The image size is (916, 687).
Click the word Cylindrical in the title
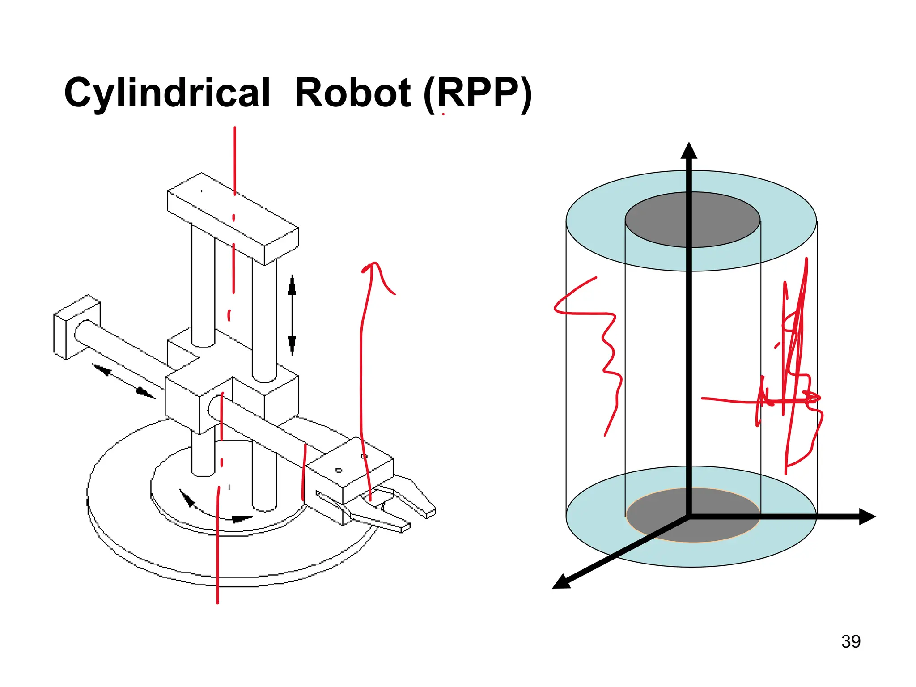[x=167, y=93]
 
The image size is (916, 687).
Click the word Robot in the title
[x=352, y=93]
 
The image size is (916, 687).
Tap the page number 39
[x=850, y=641]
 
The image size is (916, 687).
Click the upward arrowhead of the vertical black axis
[x=689, y=151]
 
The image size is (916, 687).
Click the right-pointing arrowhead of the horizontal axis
[x=866, y=517]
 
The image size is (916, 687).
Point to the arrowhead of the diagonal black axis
[x=562, y=582]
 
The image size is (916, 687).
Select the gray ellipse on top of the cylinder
[x=692, y=220]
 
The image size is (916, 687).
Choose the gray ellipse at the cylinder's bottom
[x=693, y=515]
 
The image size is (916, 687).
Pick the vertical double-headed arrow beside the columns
[x=292, y=315]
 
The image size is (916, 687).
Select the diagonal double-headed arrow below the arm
[x=123, y=381]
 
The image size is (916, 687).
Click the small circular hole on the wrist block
[x=339, y=470]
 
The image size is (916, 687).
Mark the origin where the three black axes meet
[x=689, y=517]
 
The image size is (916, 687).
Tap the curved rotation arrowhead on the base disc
[x=242, y=519]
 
